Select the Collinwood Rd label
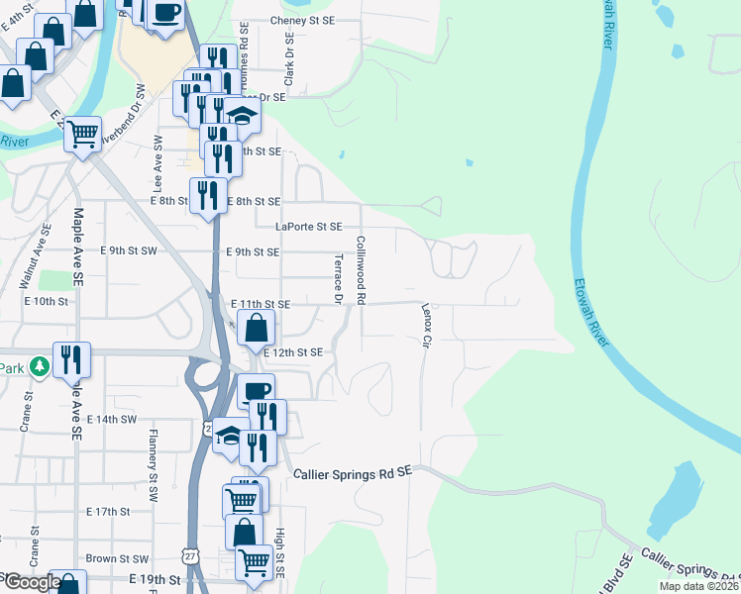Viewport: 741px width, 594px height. (362, 270)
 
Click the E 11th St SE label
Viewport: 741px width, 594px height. (260, 305)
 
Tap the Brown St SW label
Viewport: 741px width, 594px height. (116, 559)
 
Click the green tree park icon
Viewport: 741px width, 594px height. (39, 367)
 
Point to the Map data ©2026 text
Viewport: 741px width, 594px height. (699, 586)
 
